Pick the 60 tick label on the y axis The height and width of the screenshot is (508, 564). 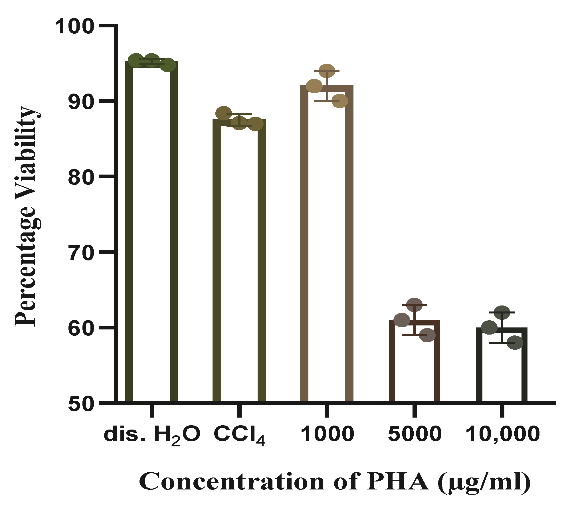[x=81, y=328]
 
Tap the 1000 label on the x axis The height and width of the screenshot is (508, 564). [x=327, y=434]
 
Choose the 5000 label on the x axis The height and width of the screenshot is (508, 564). [x=415, y=434]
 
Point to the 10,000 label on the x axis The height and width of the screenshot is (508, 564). [x=502, y=434]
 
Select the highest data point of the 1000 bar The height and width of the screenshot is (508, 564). [x=327, y=71]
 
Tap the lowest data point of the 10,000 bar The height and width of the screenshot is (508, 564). [x=515, y=343]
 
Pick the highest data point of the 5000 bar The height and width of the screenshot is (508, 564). [x=414, y=305]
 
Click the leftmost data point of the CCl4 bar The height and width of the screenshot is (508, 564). [x=224, y=113]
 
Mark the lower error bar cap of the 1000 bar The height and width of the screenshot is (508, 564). [x=327, y=101]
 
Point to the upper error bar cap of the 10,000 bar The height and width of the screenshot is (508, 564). [x=502, y=313]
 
